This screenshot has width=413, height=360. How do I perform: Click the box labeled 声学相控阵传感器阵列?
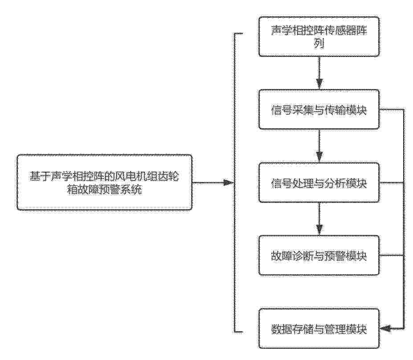pos(319,36)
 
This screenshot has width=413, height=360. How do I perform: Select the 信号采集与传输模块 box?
pos(319,109)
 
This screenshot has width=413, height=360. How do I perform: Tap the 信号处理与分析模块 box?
pos(319,182)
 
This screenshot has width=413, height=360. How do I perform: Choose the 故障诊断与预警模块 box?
pos(319,255)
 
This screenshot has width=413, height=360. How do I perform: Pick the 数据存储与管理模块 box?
pos(319,329)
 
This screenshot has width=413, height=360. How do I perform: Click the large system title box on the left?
pos(105,182)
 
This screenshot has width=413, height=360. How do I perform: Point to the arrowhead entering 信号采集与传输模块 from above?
pos(319,84)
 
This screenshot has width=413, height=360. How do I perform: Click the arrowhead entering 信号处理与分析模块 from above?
pos(319,157)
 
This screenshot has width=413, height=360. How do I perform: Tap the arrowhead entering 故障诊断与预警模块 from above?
pos(319,230)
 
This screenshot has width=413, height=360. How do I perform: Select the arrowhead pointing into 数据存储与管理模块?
pos(386,328)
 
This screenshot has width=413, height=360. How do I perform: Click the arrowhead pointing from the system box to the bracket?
pos(228,182)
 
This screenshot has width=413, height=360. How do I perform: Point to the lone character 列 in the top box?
pos(319,44)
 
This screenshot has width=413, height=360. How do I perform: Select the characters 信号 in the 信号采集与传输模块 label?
pos(281,110)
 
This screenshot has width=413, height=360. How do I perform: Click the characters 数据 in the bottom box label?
pos(281,329)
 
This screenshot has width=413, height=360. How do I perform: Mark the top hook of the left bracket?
pos(238,33)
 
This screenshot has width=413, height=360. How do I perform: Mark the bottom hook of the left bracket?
pos(238,332)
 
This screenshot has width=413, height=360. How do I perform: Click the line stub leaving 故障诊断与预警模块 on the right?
pos(392,255)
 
